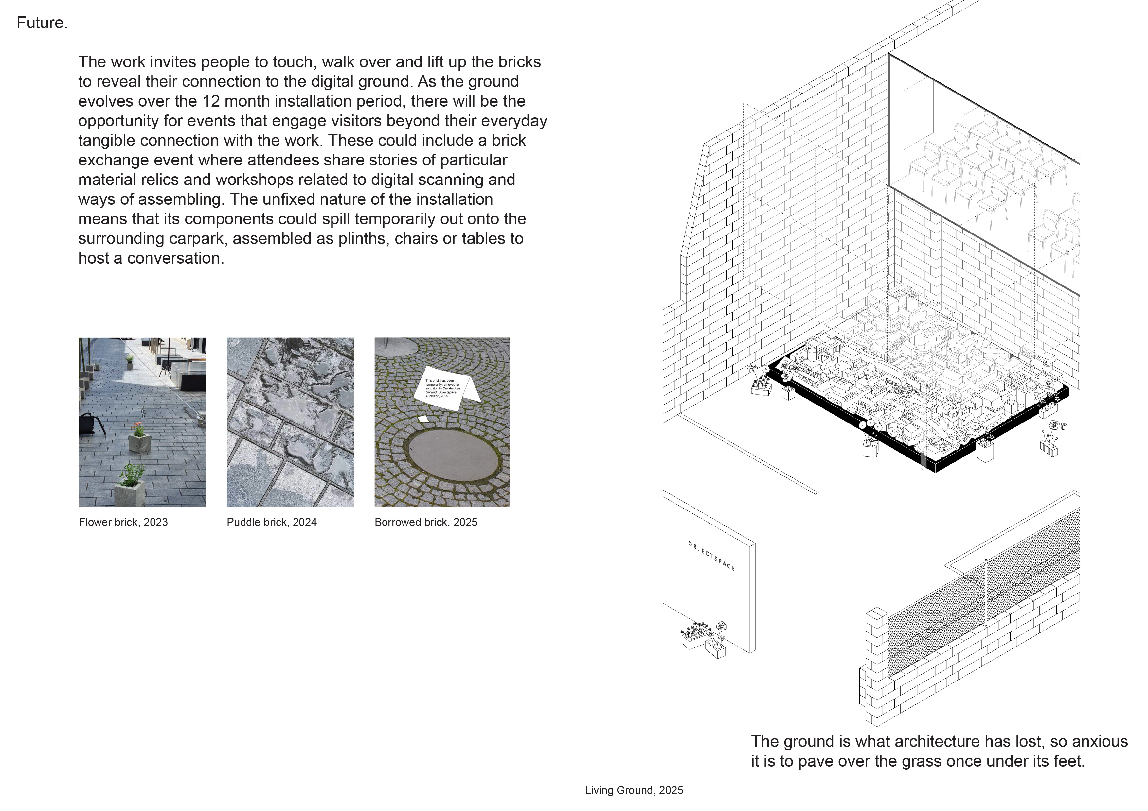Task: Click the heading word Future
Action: [42, 23]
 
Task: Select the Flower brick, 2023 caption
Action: [123, 522]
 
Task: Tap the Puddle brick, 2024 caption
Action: [272, 522]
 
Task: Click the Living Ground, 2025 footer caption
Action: [634, 790]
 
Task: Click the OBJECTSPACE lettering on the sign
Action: [711, 556]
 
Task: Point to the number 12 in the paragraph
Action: [211, 101]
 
